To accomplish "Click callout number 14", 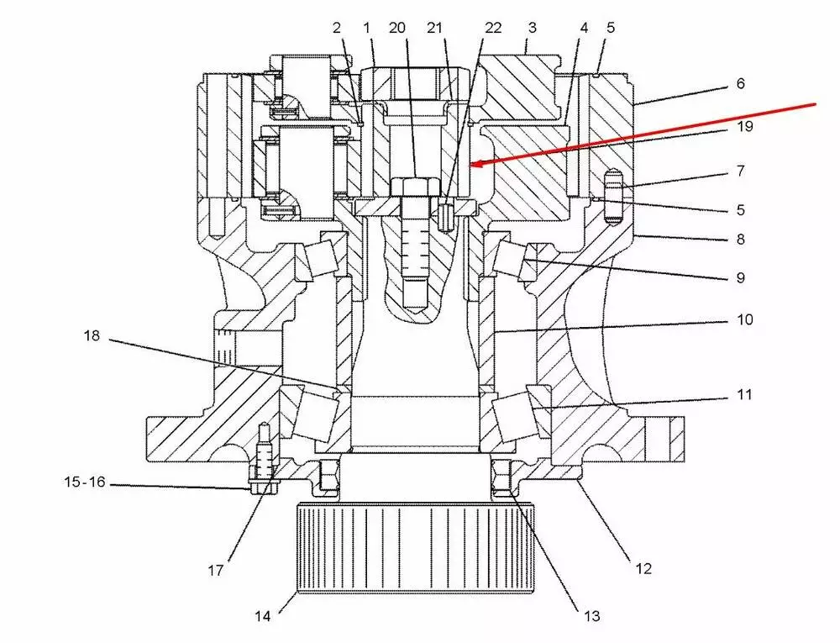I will (263, 616).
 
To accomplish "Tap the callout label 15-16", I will (85, 482).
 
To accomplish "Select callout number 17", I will (216, 571).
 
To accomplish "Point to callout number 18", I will (92, 336).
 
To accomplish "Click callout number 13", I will (591, 616).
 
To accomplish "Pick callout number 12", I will (643, 569).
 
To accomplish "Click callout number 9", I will (738, 277).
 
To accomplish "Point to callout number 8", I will (739, 239).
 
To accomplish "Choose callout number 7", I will (739, 171).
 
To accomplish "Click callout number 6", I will (739, 84).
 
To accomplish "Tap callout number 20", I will (398, 28).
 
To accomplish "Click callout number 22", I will (493, 28).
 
